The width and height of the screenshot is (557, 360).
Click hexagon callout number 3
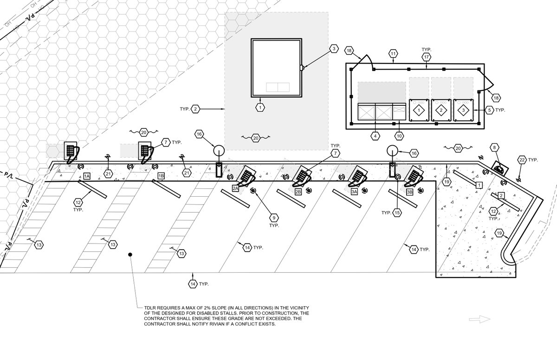click(x=334, y=49)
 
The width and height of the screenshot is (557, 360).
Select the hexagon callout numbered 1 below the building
click(x=260, y=107)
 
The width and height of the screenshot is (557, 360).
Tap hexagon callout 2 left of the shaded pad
click(x=196, y=109)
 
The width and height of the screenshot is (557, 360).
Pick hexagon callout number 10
click(x=399, y=136)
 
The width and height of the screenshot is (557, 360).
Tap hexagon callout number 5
click(x=489, y=110)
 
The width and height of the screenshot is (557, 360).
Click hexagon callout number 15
click(x=397, y=212)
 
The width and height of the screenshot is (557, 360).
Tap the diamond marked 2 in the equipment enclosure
click(x=441, y=110)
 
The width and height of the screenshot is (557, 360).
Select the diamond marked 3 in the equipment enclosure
click(x=463, y=110)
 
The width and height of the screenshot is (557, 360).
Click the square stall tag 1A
click(x=87, y=176)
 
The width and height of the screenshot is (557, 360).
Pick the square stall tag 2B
click(x=298, y=191)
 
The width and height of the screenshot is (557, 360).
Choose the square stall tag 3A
click(x=354, y=191)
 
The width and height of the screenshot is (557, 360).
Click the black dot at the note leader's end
click(x=130, y=254)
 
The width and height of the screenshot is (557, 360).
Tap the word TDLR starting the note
click(x=144, y=308)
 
